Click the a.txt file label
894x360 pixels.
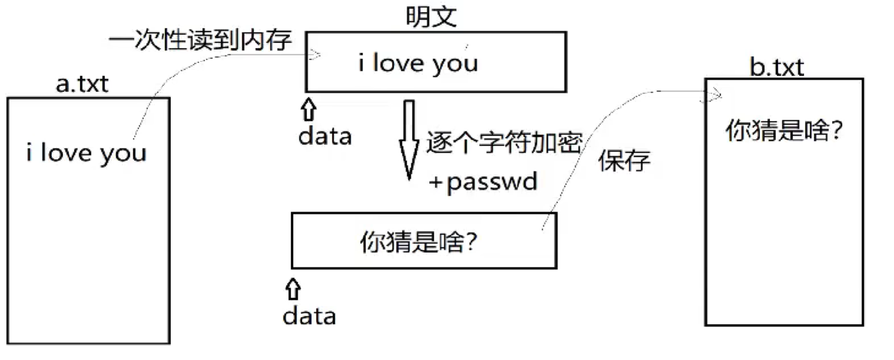pos(83,84)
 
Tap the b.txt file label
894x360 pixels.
pos(776,68)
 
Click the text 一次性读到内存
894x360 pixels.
pos(200,42)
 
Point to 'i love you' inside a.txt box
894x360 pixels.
pos(86,153)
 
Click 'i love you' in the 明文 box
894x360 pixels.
pos(418,63)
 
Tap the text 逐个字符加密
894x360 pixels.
pos(504,143)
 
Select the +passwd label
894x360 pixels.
pos(483,182)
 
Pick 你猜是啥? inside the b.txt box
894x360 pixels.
pos(783,131)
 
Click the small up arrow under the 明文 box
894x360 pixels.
pos(309,110)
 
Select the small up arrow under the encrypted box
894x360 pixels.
pos(292,290)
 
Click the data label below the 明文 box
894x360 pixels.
pos(325,136)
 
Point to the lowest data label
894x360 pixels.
pos(309,316)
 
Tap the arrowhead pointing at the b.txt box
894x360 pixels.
pos(717,94)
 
